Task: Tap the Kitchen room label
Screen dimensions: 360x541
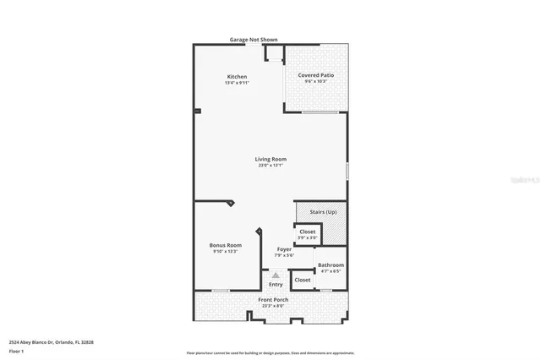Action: [236, 77]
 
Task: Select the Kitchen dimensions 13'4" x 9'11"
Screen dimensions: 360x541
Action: [236, 83]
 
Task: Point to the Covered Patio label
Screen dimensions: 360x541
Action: [315, 75]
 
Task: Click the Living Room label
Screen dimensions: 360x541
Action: [270, 159]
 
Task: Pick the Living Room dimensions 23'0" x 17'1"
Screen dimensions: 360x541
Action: [270, 166]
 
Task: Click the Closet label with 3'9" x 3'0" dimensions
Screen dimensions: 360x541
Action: [307, 232]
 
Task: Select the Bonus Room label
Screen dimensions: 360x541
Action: [225, 245]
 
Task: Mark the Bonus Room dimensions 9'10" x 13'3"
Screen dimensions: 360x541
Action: [225, 251]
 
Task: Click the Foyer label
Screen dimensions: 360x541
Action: [284, 249]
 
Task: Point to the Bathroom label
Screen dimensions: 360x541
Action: [331, 265]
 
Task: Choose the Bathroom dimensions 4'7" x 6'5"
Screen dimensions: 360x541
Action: [331, 271]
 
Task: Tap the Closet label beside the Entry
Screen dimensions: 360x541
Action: [302, 279]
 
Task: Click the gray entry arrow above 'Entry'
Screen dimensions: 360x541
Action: [276, 275]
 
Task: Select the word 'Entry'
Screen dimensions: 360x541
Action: [276, 285]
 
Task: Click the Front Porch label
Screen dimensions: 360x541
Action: [273, 300]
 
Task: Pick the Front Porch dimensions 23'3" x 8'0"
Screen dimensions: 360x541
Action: [273, 306]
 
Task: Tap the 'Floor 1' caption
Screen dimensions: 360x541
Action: [16, 350]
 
